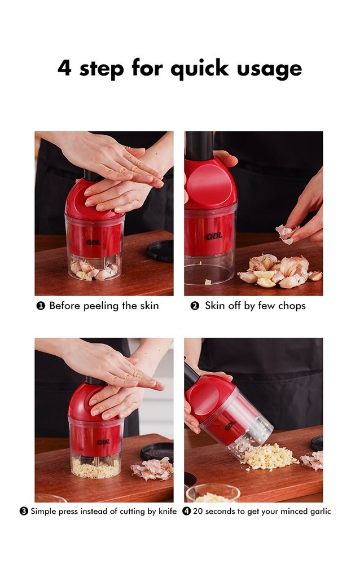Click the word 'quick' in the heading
point(200,69)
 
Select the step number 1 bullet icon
point(41,306)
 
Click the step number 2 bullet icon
point(195,306)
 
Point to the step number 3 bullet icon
point(24,511)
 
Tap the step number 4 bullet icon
point(186,511)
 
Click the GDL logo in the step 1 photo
point(93,243)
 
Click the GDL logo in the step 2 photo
point(214,236)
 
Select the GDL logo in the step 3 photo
point(103,442)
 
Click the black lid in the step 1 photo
point(160,250)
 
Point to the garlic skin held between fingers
point(286,233)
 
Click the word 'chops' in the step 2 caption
point(291,306)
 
